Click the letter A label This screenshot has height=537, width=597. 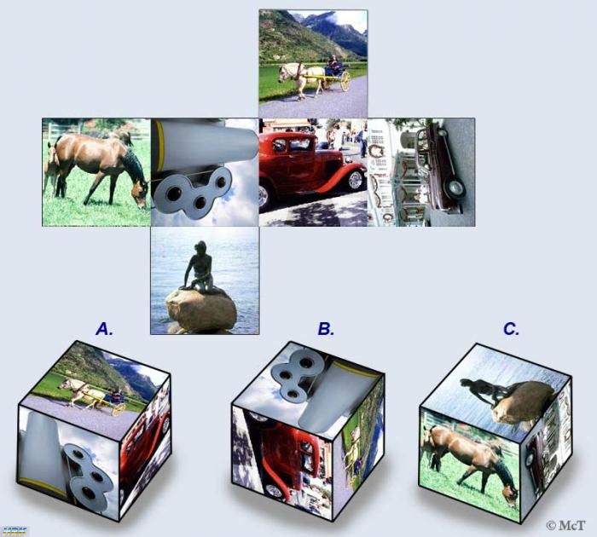coord(104,329)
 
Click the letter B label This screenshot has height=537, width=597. coord(326,329)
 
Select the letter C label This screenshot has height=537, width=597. coord(511,329)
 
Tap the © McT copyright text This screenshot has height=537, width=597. coord(565,525)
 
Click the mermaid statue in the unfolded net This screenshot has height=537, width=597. coord(200,268)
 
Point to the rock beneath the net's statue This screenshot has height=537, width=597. coord(201,309)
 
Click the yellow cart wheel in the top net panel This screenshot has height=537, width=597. coord(345,81)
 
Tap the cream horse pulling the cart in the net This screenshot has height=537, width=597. coord(302,79)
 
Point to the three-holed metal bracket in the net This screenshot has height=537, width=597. coord(194,191)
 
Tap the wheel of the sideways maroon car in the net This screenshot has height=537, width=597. coord(456,188)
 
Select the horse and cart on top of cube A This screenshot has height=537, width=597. coord(92,395)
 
